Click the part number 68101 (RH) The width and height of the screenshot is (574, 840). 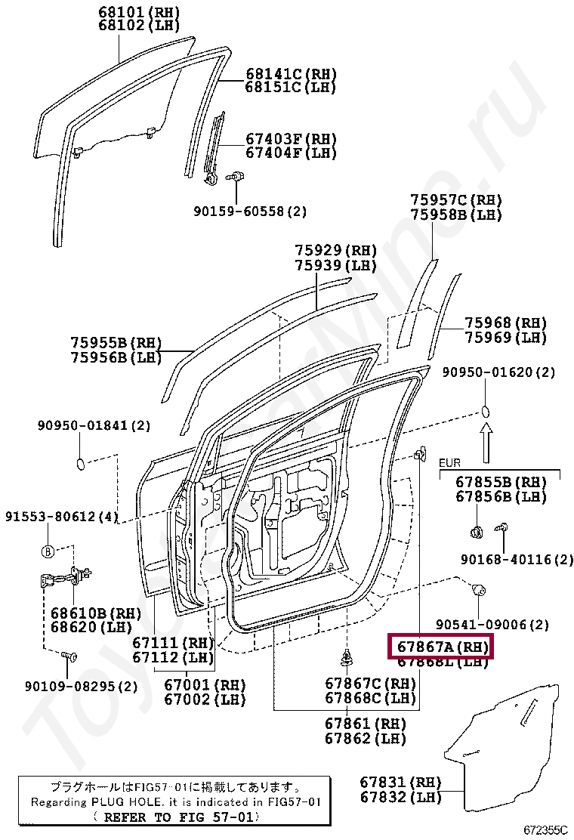pos(139,13)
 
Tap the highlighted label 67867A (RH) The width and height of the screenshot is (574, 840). pos(440,647)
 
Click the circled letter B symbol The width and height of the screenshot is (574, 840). pos(47,551)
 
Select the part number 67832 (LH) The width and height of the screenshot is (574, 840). pos(400,797)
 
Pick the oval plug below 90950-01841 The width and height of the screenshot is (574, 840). pos(81,462)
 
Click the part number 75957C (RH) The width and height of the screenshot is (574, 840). pos(456,200)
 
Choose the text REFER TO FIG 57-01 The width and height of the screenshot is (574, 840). pos(174,817)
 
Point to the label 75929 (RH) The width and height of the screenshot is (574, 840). pos(335,250)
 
